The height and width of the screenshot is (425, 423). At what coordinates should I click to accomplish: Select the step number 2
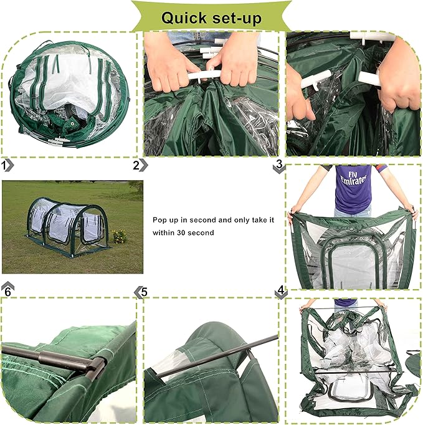click(x=136, y=165)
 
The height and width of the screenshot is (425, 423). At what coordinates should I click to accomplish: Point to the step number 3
click(x=279, y=163)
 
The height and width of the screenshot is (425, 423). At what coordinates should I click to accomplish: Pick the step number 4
click(x=281, y=290)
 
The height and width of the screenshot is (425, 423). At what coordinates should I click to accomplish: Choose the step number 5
click(x=144, y=291)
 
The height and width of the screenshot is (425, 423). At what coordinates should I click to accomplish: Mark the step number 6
click(x=7, y=292)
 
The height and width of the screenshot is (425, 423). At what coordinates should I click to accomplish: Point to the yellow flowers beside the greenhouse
click(x=119, y=236)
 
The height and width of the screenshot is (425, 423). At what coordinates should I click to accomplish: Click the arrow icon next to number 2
click(x=144, y=165)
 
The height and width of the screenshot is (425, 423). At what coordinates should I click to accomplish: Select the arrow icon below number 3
click(x=279, y=171)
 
